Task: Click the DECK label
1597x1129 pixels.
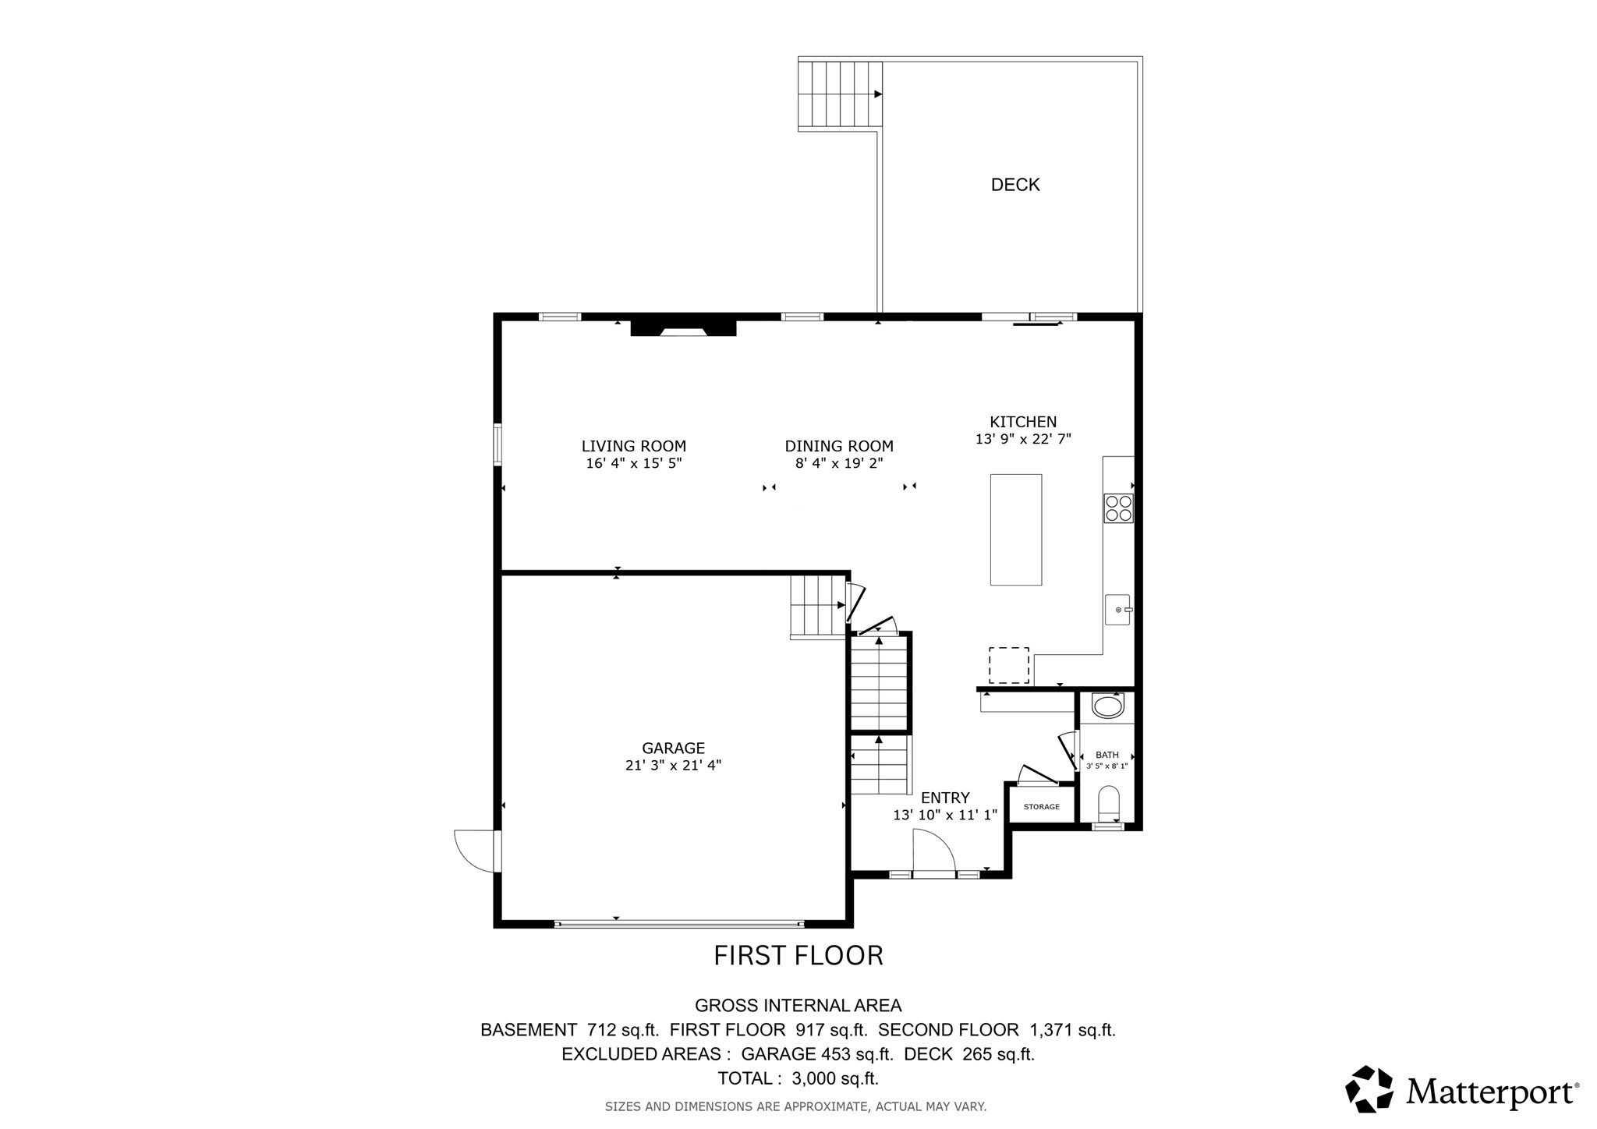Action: coord(1015,185)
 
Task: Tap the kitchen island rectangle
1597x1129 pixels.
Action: coord(1015,529)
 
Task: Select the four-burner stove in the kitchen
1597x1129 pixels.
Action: coord(1117,508)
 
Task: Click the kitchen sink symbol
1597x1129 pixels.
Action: coord(1117,609)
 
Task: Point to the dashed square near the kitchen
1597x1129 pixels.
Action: coord(1008,665)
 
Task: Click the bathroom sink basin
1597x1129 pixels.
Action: coord(1107,707)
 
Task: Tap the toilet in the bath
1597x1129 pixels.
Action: coord(1107,804)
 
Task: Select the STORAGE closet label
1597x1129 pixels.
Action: coord(1041,806)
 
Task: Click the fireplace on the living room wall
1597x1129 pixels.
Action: coord(683,327)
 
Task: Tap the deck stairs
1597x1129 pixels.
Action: coord(840,94)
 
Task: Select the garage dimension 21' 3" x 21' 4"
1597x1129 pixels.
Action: coord(673,766)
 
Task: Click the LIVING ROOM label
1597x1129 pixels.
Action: coord(633,446)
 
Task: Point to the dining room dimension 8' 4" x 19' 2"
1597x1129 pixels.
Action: coord(839,463)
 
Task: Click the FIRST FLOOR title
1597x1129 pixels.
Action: coord(798,956)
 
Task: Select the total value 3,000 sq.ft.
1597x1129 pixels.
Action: coord(834,1079)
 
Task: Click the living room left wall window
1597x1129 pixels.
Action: coord(497,444)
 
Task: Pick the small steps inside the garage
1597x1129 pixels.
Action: coord(817,606)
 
